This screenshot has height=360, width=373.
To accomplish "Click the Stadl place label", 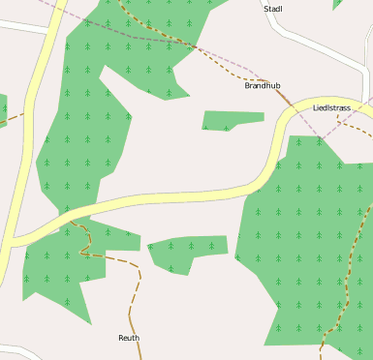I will pyautogui.click(x=272, y=9).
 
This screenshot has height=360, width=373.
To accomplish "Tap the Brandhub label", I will pyautogui.click(x=262, y=86).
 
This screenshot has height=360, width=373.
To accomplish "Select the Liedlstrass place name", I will pyautogui.click(x=331, y=107).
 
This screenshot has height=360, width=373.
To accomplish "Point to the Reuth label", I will pyautogui.click(x=129, y=338).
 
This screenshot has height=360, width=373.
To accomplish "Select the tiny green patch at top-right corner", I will pyautogui.click(x=338, y=4).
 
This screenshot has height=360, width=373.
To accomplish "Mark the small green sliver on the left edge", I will pyautogui.click(x=3, y=109).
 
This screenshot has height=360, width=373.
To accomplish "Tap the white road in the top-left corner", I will pyautogui.click(x=24, y=27).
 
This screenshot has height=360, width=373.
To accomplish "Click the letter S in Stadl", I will pyautogui.click(x=266, y=9).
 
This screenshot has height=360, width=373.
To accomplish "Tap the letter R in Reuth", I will pyautogui.click(x=121, y=338).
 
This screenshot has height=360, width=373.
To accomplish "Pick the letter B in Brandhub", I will pyautogui.click(x=247, y=86).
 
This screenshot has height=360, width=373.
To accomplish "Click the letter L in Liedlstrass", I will pyautogui.click(x=316, y=107).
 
